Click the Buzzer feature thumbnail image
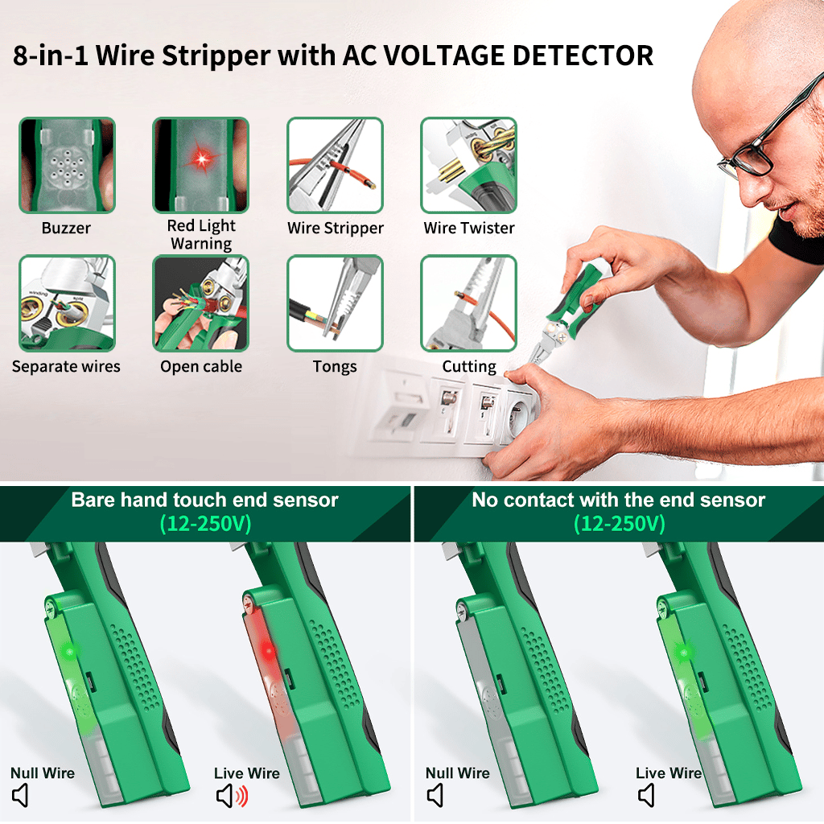point(67,165)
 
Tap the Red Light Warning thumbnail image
point(200,165)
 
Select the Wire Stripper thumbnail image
point(335,165)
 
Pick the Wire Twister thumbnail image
point(469,165)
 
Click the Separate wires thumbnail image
point(67,303)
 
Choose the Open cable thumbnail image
point(200,303)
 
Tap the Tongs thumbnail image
point(335,303)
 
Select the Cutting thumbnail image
point(469,303)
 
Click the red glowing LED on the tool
point(269,652)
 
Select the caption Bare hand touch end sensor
point(204,500)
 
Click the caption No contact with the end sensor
point(619,500)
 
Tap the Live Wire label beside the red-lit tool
point(246,773)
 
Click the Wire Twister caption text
point(469,228)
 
